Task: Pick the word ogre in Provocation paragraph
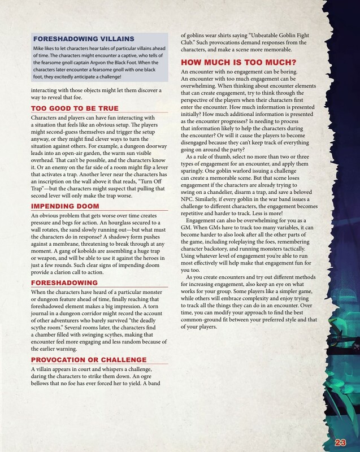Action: coord(157,362)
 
